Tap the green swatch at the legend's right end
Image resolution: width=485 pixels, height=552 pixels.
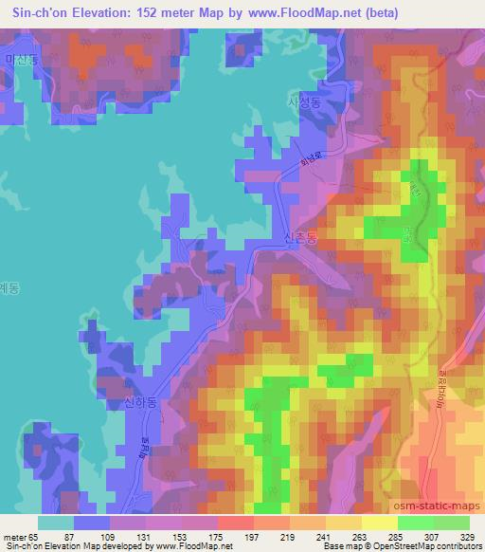[x=453, y=523]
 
